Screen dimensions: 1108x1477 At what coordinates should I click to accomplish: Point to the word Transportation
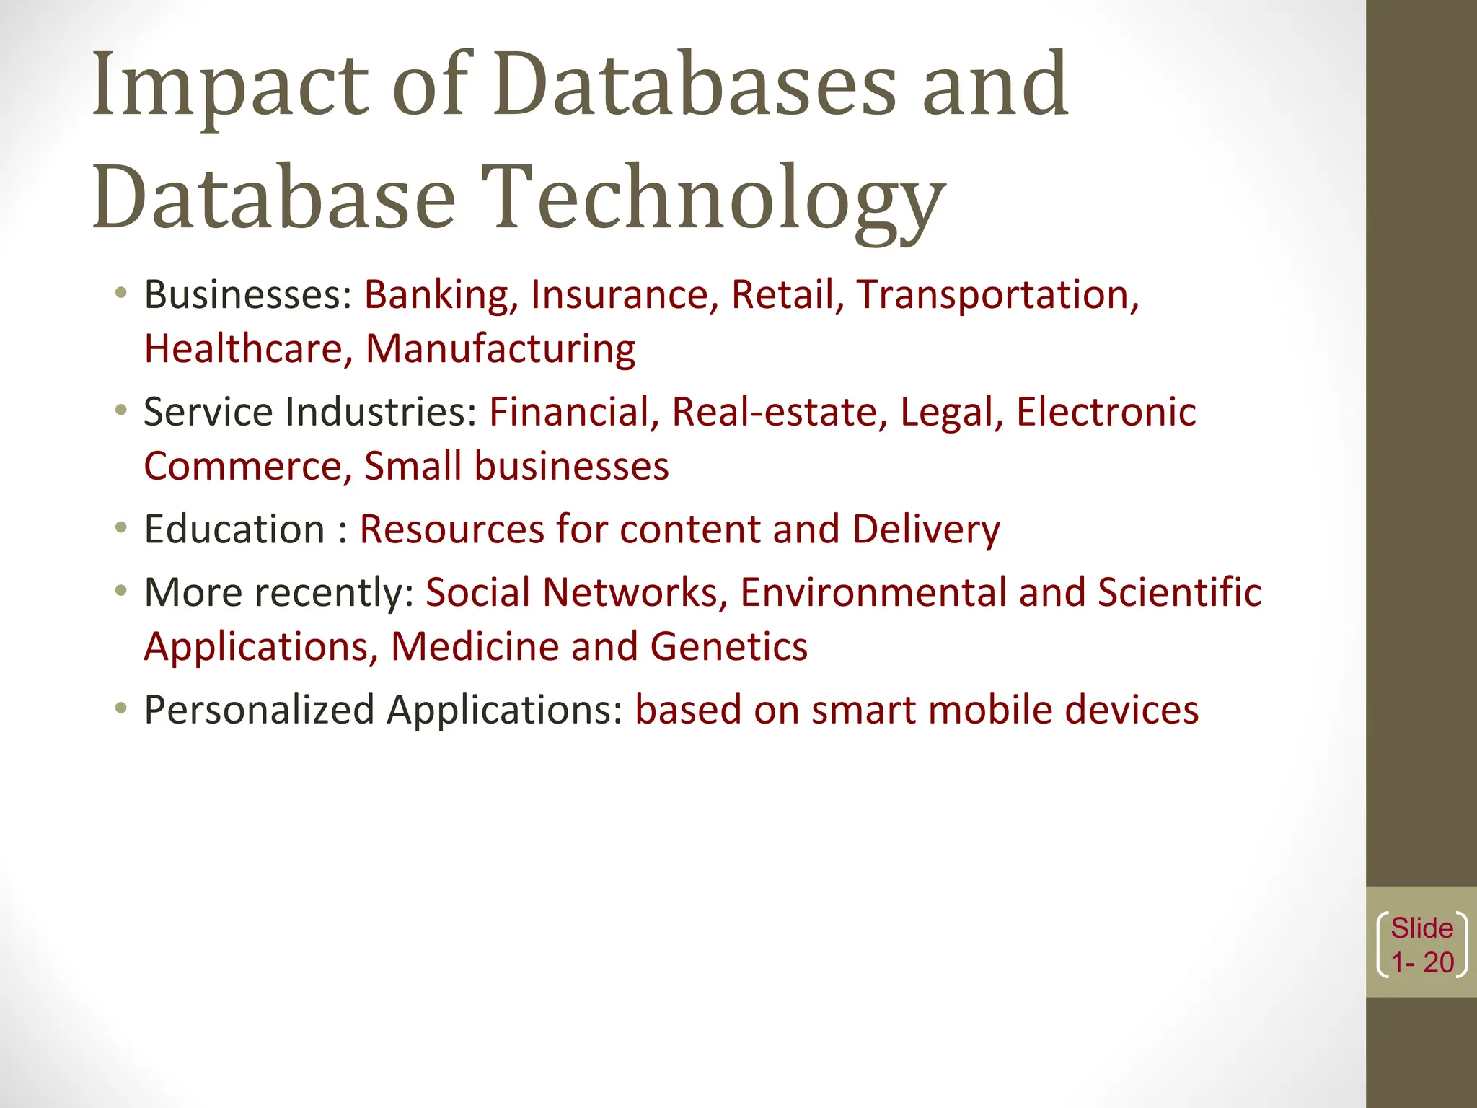pos(997,295)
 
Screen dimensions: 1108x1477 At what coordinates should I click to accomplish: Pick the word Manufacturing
pos(500,349)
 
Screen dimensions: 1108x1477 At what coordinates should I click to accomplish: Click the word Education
pos(234,529)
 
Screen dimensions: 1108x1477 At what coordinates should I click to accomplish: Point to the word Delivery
pos(926,529)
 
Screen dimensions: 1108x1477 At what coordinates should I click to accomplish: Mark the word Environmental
pos(873,592)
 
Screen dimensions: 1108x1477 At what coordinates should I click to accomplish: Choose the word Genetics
pos(728,646)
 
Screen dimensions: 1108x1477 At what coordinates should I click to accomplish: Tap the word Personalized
pos(259,710)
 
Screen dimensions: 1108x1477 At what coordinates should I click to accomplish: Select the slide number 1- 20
pos(1421,962)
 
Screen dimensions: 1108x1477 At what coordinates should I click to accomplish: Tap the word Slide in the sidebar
pos(1421,928)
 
